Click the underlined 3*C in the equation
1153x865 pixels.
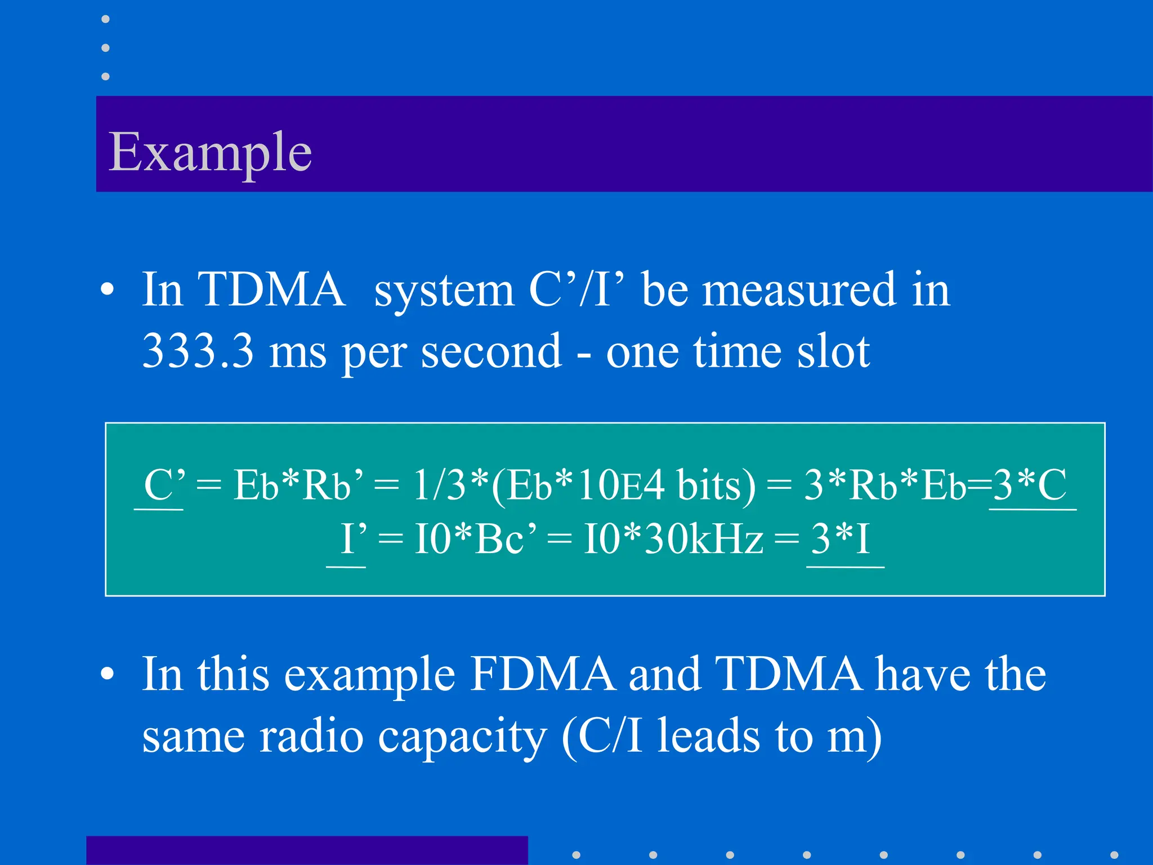1030,485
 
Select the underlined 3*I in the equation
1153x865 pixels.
841,539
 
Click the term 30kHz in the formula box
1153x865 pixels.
704,539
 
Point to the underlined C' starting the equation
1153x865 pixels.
164,485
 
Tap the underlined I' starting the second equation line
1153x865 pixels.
354,539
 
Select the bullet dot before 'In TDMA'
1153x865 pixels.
107,291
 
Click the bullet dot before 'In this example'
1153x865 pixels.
107,675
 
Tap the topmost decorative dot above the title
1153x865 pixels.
105,19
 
